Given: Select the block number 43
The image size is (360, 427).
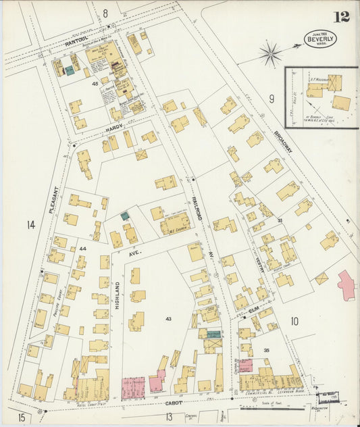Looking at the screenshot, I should [x=168, y=318].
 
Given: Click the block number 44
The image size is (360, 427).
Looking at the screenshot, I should [x=82, y=249].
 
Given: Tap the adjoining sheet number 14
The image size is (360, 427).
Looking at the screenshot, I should [x=30, y=225].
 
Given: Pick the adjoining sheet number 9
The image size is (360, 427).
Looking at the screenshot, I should [x=272, y=99].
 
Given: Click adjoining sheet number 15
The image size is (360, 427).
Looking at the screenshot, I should [x=21, y=418].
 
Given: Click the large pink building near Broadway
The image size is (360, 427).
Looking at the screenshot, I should [x=346, y=284].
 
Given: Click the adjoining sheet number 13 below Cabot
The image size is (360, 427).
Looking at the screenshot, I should [x=169, y=416].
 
